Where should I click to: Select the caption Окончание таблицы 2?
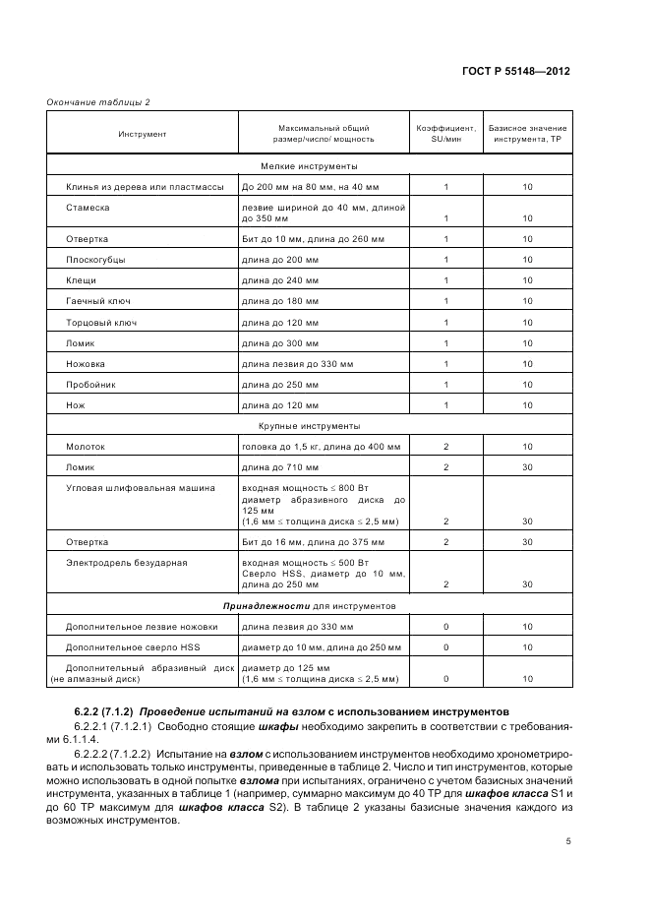coord(98,102)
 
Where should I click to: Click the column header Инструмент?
coord(143,133)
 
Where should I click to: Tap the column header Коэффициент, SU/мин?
coord(445,133)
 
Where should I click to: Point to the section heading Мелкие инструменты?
coord(309,166)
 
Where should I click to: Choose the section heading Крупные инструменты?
coord(309,426)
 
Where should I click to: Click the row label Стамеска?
coord(87,208)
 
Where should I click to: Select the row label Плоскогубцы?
coord(95,260)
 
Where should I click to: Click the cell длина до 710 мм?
coord(280,467)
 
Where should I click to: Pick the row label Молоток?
coord(86,447)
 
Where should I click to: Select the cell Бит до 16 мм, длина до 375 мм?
coord(314,542)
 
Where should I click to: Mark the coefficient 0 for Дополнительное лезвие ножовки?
coord(445,627)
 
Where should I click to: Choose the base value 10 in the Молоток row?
coord(527,447)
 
